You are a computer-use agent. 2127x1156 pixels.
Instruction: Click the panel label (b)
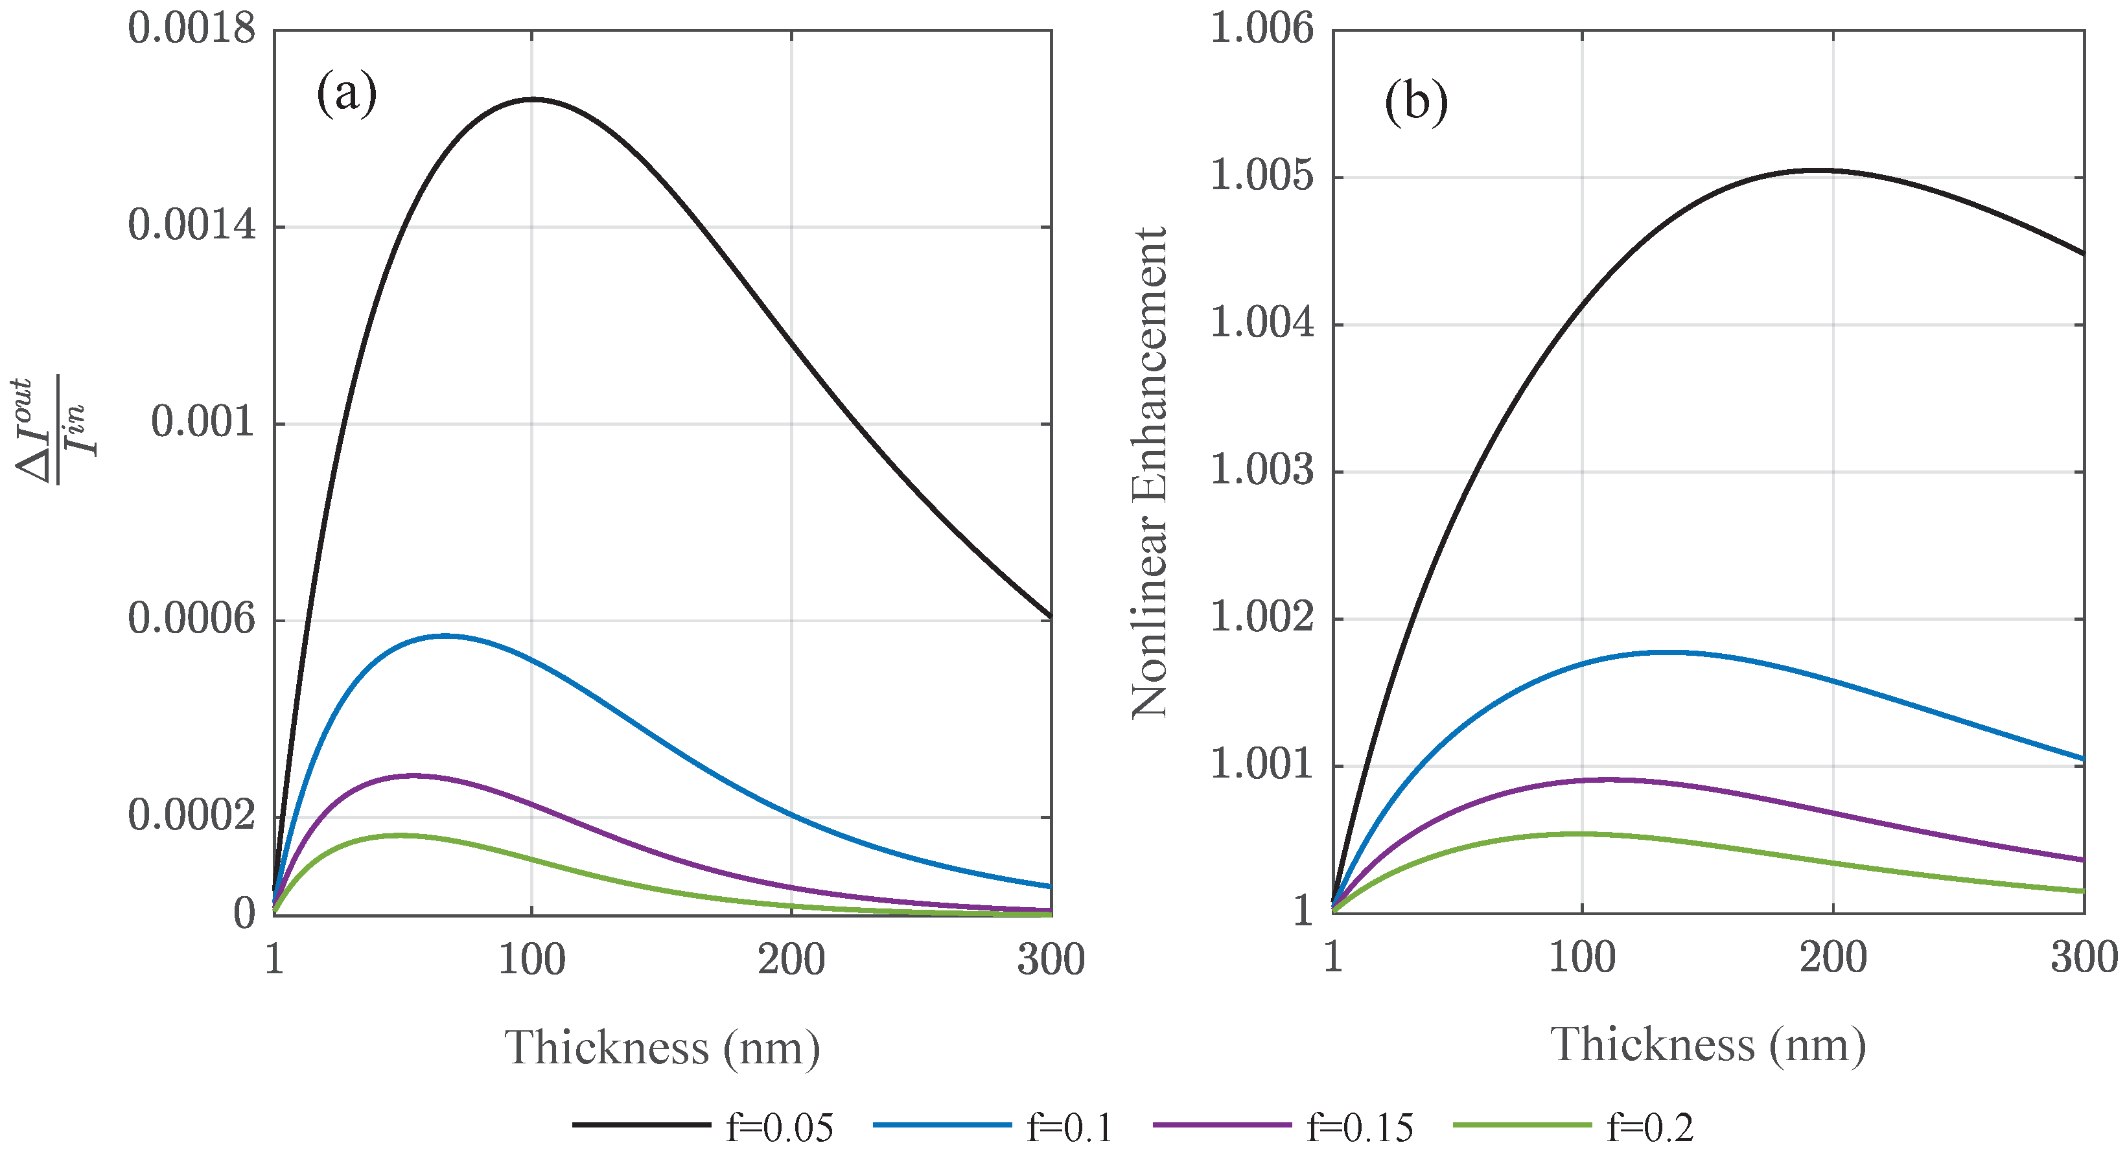pyautogui.click(x=1415, y=102)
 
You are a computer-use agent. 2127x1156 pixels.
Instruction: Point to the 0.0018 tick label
pyautogui.click(x=192, y=29)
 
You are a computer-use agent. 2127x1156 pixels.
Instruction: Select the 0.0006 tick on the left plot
pyautogui.click(x=192, y=619)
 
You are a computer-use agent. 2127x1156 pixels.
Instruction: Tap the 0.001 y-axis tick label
pyautogui.click(x=203, y=422)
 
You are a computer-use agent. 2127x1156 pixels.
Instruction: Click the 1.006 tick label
pyautogui.click(x=1261, y=29)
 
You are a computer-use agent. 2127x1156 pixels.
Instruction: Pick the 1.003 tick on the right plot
pyautogui.click(x=1261, y=470)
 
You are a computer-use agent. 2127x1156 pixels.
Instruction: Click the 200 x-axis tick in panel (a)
pyautogui.click(x=791, y=960)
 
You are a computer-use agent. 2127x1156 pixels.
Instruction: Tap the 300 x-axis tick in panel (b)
pyautogui.click(x=2083, y=958)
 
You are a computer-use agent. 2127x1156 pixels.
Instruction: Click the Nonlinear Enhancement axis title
pyautogui.click(x=1150, y=472)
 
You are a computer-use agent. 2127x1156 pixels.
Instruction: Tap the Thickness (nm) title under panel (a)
pyautogui.click(x=662, y=1048)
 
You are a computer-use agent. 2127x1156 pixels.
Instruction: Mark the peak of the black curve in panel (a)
pyautogui.click(x=531, y=99)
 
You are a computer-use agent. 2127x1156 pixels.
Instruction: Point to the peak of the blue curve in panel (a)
pyautogui.click(x=446, y=635)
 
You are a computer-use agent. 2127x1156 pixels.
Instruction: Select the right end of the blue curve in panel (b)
pyautogui.click(x=2083, y=758)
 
